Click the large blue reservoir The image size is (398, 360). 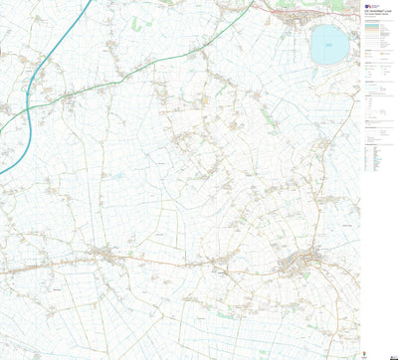pos(327,43)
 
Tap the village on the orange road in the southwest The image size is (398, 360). pos(103,256)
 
